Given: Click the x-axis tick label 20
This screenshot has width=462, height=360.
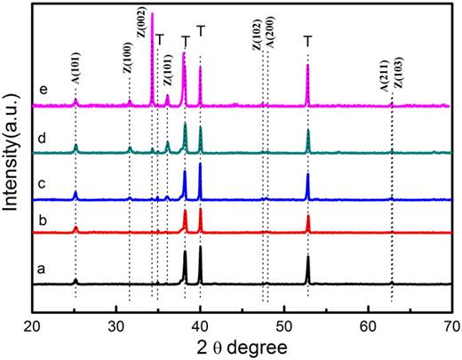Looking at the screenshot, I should pyautogui.click(x=33, y=325).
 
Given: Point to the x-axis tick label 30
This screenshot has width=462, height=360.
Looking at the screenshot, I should pyautogui.click(x=116, y=325).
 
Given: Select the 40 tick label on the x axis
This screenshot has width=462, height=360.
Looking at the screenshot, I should pyautogui.click(x=200, y=325).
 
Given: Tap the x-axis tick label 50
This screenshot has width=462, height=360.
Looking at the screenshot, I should pyautogui.click(x=284, y=325).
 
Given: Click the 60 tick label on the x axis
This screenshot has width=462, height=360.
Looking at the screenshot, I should pyautogui.click(x=369, y=325).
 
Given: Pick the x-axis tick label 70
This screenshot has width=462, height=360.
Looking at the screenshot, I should pyautogui.click(x=451, y=325).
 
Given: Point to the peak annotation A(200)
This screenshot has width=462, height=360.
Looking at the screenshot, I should pyautogui.click(x=268, y=48).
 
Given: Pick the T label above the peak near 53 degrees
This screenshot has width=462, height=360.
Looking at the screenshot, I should pyautogui.click(x=307, y=41).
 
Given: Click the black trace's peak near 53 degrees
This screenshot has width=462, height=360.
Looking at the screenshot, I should pyautogui.click(x=307, y=258).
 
